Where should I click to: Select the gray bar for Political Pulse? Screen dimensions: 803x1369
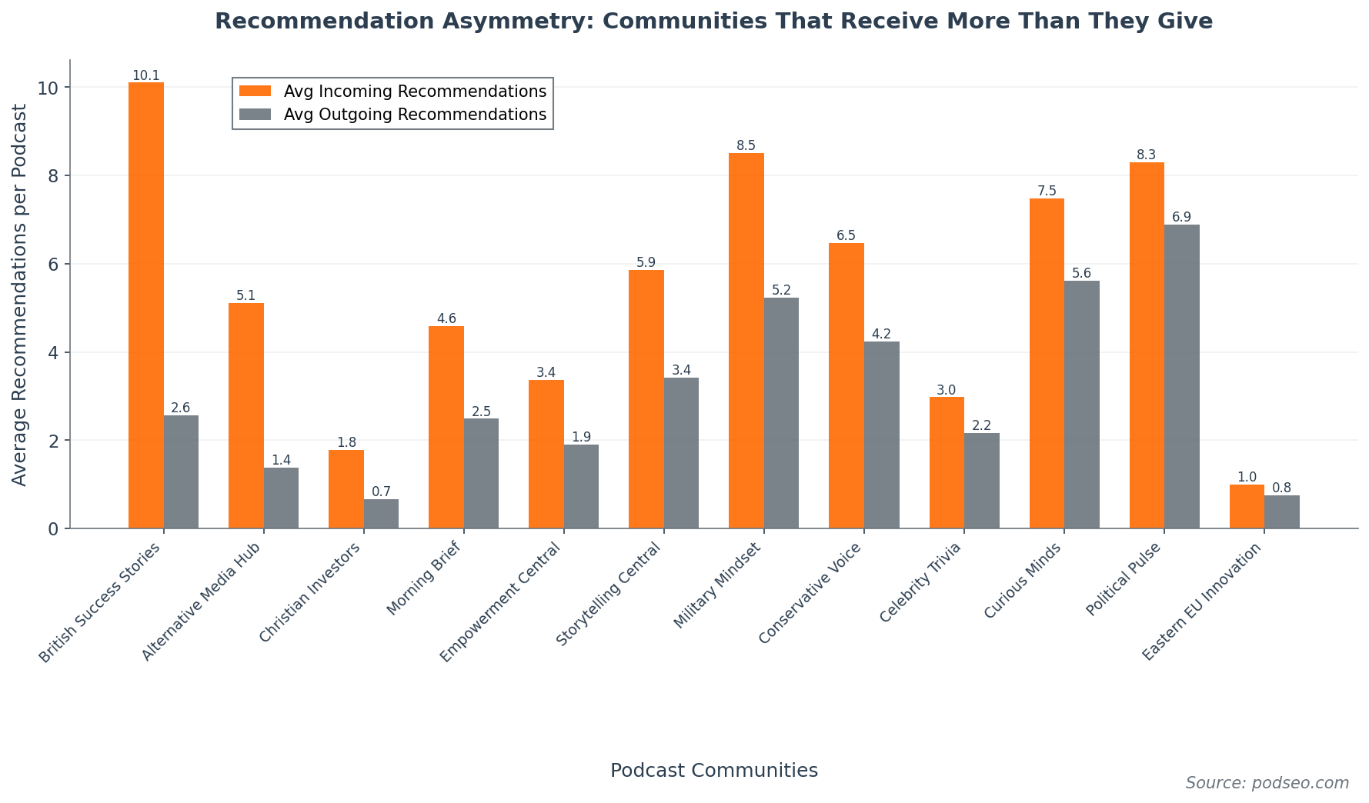click(1182, 376)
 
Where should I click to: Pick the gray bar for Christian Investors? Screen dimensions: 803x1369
click(381, 514)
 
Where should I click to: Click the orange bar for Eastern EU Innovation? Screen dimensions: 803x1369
click(1247, 506)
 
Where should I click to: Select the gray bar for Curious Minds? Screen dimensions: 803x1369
click(1082, 405)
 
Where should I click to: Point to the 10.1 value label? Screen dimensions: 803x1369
click(145, 75)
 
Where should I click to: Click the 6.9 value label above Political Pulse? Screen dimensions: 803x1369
click(1181, 218)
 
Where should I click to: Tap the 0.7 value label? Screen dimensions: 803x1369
click(381, 491)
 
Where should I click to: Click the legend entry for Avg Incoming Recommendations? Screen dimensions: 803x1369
click(415, 92)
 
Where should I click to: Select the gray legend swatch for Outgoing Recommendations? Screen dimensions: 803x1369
click(255, 115)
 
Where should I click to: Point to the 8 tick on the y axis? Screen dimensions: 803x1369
click(53, 176)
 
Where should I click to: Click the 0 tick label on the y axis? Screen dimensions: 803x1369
click(53, 529)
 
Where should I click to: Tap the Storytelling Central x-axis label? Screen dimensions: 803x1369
click(609, 594)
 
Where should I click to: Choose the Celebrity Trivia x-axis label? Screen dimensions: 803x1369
click(922, 581)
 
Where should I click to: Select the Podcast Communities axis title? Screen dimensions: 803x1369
click(713, 771)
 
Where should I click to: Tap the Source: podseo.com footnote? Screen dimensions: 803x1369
click(1267, 783)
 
